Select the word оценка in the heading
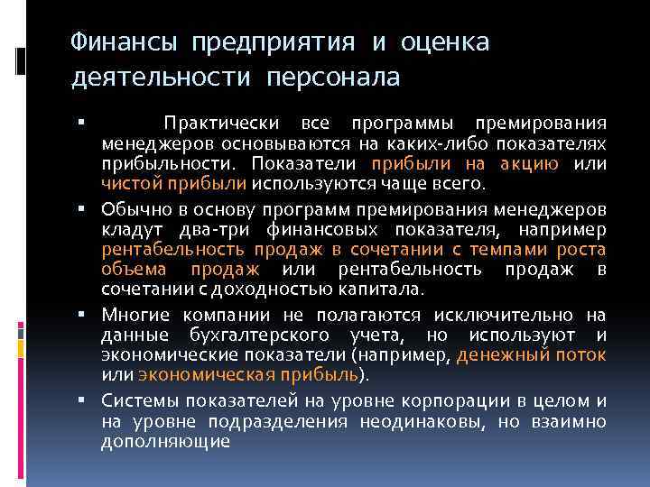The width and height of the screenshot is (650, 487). pyautogui.click(x=446, y=42)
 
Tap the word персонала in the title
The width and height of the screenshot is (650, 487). pyautogui.click(x=332, y=78)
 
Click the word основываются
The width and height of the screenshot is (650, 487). pyautogui.click(x=288, y=143)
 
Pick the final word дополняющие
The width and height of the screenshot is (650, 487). pyautogui.click(x=166, y=442)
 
